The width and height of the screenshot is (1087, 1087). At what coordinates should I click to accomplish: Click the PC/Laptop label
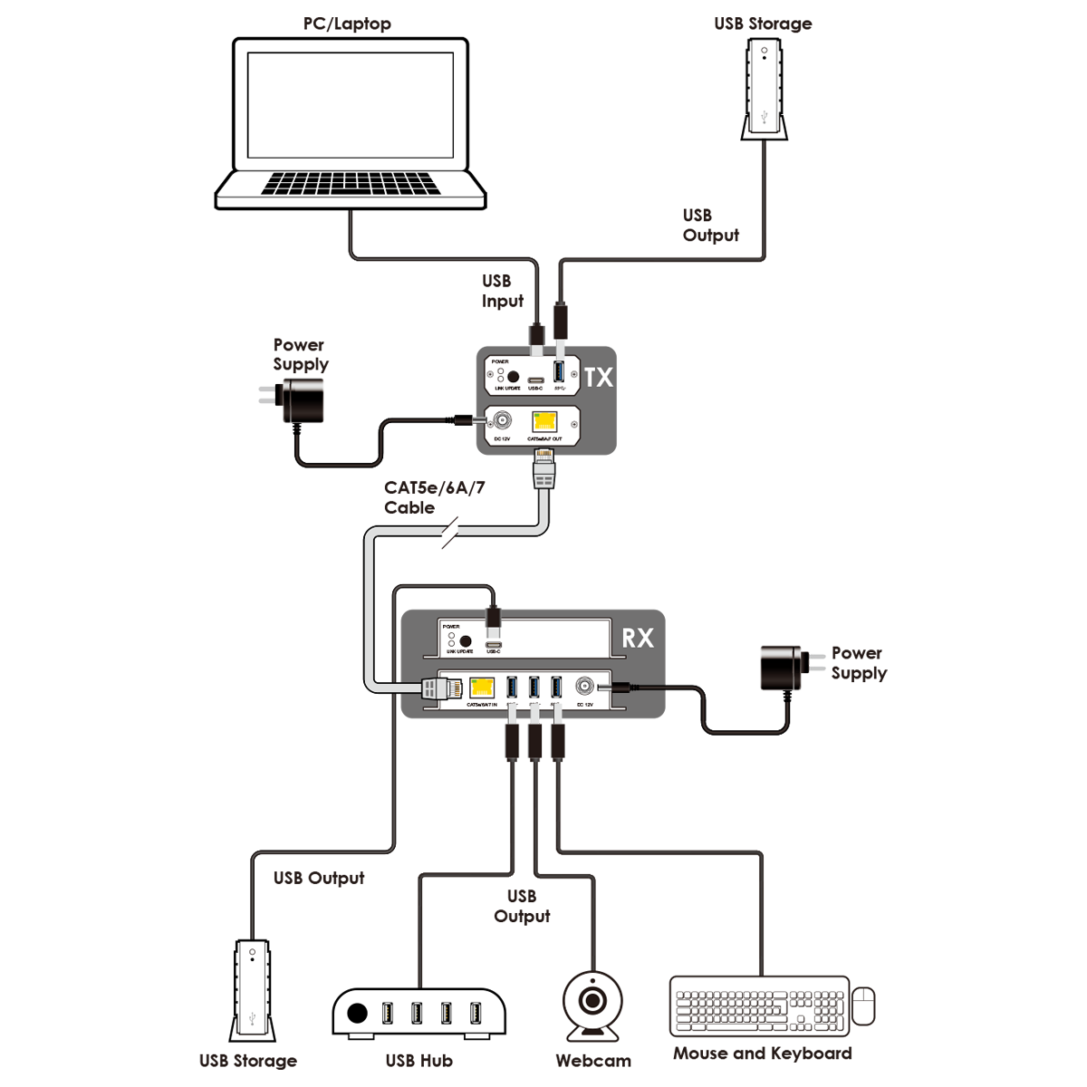click(x=347, y=24)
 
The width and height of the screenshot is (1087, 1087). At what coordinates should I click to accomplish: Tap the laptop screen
click(x=351, y=104)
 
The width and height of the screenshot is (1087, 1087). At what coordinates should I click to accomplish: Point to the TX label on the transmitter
click(x=599, y=377)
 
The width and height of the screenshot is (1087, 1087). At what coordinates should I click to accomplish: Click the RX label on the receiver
click(x=637, y=638)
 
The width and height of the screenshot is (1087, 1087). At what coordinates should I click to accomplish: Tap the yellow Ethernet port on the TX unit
click(x=544, y=421)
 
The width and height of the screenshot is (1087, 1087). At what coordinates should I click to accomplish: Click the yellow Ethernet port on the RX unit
click(x=482, y=688)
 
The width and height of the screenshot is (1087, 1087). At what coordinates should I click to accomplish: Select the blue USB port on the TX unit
click(x=559, y=372)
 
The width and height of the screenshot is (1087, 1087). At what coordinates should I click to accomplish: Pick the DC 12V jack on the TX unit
click(x=500, y=421)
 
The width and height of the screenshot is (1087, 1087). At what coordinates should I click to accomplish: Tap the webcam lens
click(x=592, y=1001)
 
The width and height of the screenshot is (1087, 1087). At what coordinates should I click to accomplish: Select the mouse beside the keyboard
click(x=864, y=1005)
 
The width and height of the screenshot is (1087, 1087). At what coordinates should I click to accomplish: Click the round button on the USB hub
click(x=358, y=1013)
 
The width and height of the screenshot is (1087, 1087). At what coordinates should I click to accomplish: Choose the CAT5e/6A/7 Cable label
click(x=434, y=497)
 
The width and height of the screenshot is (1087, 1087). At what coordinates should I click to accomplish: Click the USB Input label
click(x=502, y=291)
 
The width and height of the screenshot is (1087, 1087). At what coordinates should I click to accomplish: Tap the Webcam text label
click(x=593, y=1061)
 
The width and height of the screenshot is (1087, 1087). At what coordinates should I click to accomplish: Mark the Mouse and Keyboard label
click(x=762, y=1053)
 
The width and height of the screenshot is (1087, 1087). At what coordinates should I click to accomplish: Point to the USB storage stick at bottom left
click(x=253, y=992)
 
